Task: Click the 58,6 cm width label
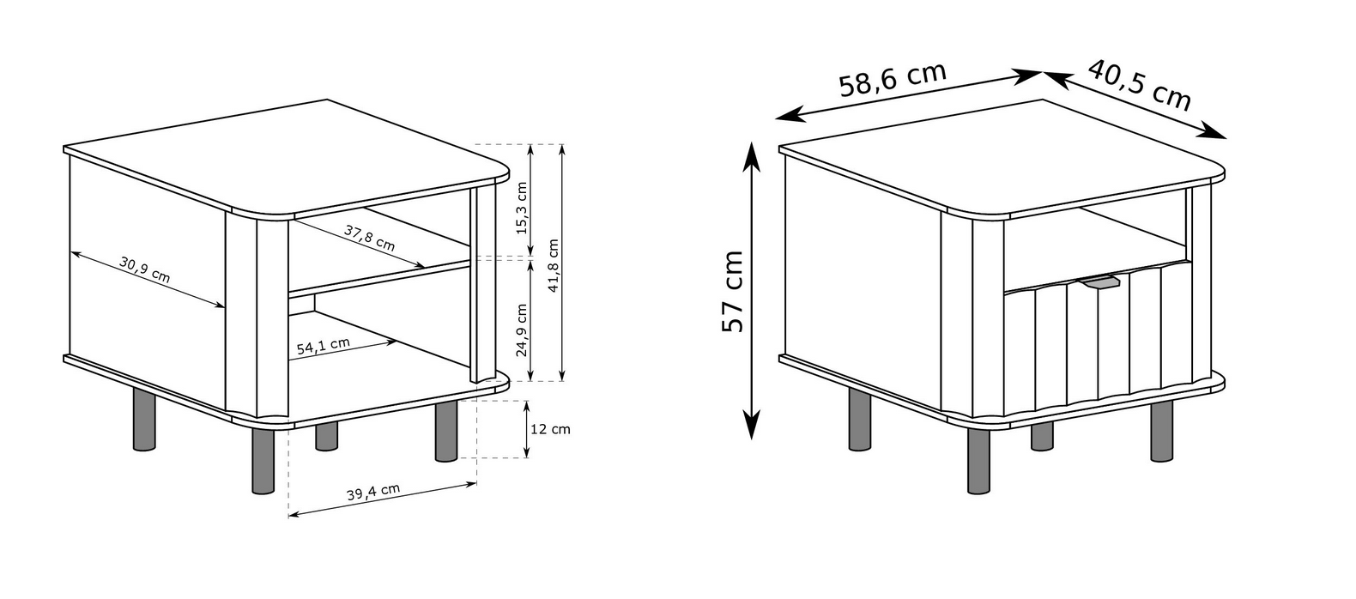coord(893,79)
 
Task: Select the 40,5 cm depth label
coord(1140,85)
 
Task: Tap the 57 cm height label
coord(732,291)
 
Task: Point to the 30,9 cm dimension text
coord(145,269)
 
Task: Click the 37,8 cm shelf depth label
coord(370,238)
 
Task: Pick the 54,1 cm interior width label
coord(324,346)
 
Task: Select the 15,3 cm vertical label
coord(522,208)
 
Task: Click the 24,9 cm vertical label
coord(522,330)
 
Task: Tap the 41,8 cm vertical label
coord(554,266)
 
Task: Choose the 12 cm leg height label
coord(550,429)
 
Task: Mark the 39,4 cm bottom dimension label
coord(373,492)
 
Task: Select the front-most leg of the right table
coord(979,461)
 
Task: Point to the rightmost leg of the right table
coord(1162,431)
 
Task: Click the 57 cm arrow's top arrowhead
coord(751,157)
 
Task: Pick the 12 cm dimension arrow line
coord(527,429)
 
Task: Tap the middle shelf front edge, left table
coord(379,279)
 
